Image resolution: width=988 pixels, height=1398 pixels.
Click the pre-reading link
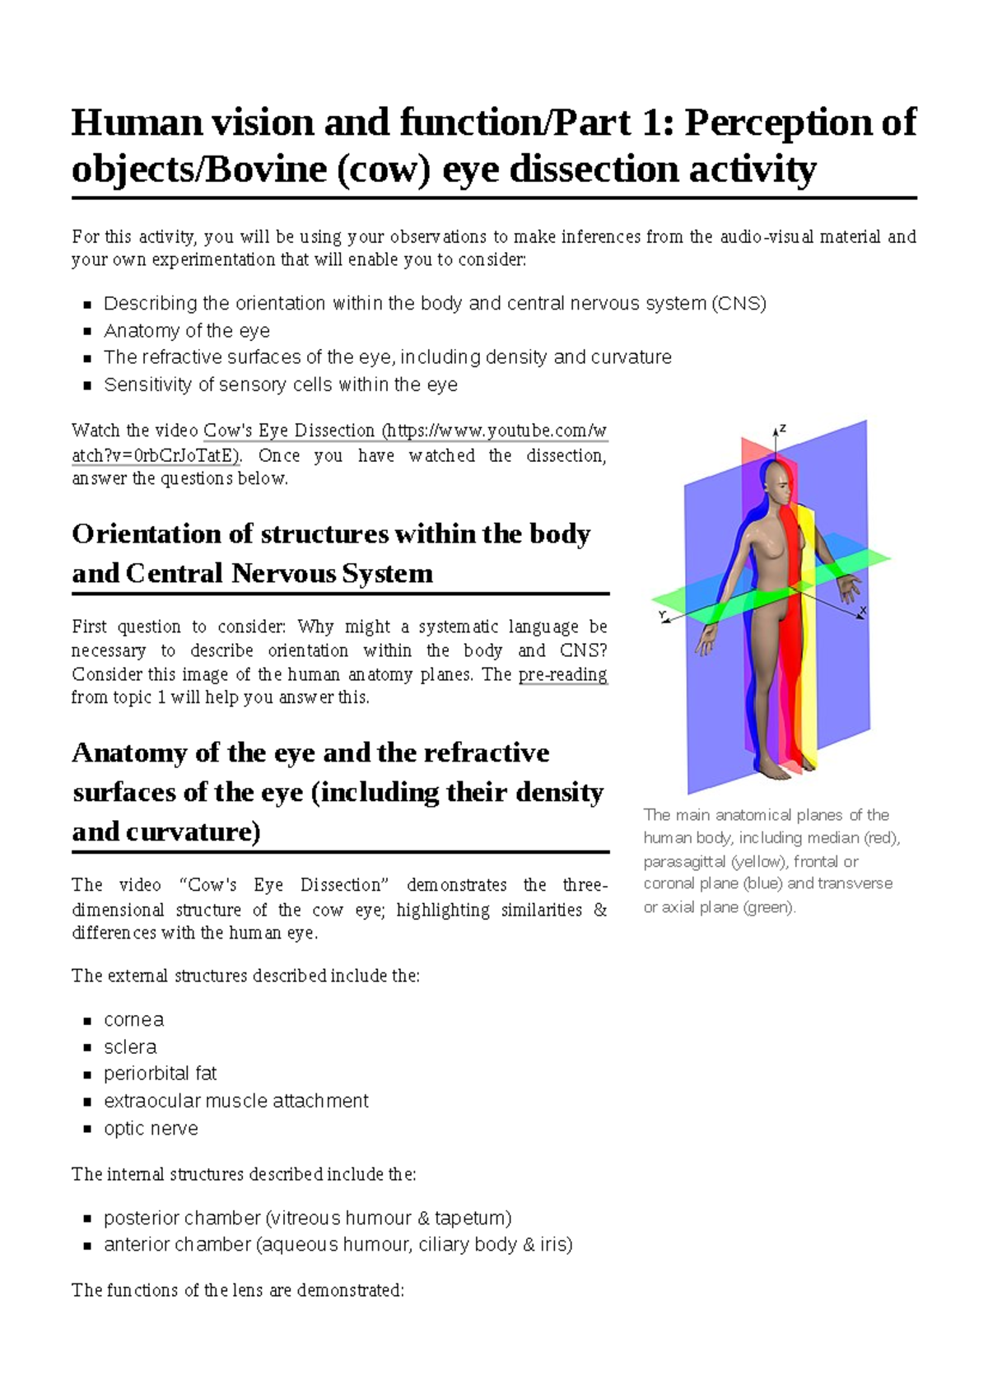(x=562, y=674)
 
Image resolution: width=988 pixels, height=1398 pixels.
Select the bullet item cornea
(x=133, y=1019)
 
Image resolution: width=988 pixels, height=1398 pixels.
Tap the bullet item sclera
(x=130, y=1046)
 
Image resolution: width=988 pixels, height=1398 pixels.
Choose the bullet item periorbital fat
(x=160, y=1074)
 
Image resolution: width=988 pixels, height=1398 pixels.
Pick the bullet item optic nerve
(x=151, y=1128)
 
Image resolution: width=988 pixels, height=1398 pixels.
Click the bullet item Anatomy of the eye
(x=186, y=330)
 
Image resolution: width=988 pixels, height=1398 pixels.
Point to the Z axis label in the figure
(x=783, y=429)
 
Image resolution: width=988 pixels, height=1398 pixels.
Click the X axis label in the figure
(x=863, y=611)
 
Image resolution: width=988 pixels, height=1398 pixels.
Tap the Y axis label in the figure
(x=661, y=615)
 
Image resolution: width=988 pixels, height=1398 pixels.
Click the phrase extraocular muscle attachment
(x=235, y=1101)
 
